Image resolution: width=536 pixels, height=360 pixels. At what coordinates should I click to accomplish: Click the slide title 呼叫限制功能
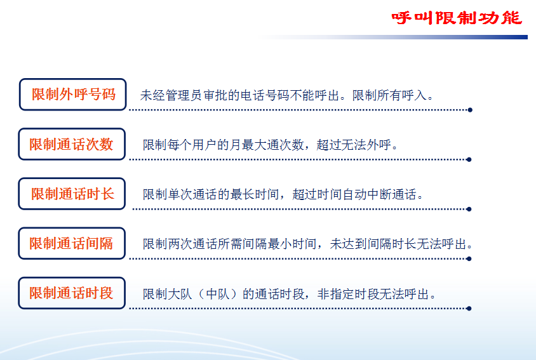tap(457, 18)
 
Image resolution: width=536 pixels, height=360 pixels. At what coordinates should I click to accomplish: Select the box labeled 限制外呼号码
tap(73, 95)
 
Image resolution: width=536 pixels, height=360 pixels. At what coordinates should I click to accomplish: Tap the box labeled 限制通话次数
tap(72, 144)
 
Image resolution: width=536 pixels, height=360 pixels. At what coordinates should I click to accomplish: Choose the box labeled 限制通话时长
tap(72, 194)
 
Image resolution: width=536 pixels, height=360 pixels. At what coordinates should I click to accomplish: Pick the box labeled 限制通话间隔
tap(72, 243)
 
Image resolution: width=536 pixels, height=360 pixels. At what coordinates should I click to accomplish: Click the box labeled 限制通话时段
tap(72, 293)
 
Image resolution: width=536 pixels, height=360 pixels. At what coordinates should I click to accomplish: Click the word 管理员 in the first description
tap(184, 95)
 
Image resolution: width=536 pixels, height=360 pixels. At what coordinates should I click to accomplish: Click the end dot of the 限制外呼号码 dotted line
tap(470, 110)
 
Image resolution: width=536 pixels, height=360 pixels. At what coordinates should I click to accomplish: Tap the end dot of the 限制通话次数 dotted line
tap(469, 159)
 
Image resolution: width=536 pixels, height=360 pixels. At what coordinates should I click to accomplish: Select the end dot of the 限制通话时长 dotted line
tap(469, 209)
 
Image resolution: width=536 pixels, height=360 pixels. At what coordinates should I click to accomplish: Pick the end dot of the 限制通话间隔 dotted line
tap(469, 259)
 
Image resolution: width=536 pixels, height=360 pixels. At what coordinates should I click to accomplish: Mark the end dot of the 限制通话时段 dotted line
tap(469, 309)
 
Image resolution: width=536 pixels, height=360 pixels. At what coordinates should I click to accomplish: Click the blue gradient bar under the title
tap(393, 37)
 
